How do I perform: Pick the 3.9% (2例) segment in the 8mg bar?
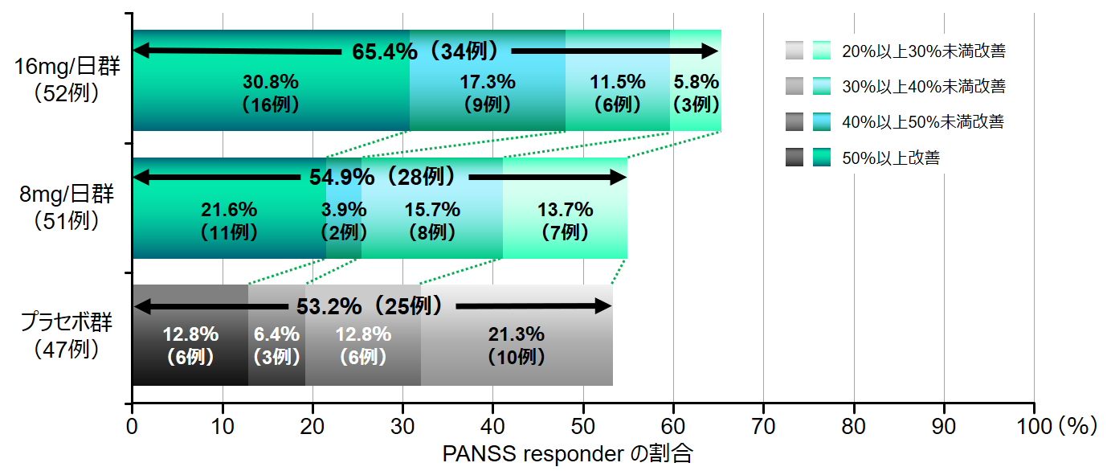coord(344,221)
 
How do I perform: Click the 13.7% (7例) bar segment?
coord(565,221)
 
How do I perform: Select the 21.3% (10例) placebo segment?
coord(517,346)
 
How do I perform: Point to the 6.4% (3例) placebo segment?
coord(276,346)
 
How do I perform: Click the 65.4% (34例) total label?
coord(426,51)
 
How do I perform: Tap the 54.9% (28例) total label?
coord(382,176)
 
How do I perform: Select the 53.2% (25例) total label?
coord(370,306)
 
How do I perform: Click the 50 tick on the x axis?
coord(583,424)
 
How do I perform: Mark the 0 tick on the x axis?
coord(132,424)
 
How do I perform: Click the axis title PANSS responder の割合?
coord(567,454)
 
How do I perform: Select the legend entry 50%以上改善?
coord(890,158)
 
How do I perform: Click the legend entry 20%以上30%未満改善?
coord(923,51)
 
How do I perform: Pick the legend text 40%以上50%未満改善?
coord(923,122)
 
